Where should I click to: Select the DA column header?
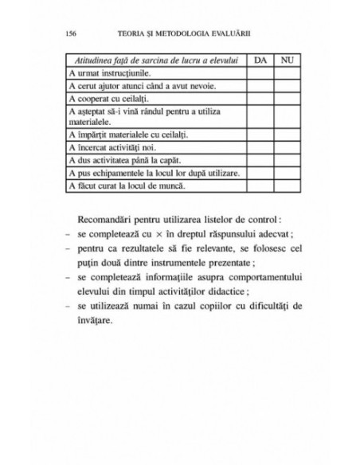pyautogui.click(x=260, y=60)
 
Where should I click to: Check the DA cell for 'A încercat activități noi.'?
pyautogui.click(x=260, y=147)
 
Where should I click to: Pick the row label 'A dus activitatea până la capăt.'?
pyautogui.click(x=120, y=160)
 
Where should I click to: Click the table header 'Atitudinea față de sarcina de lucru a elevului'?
pyautogui.click(x=155, y=60)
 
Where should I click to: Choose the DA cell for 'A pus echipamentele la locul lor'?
pyautogui.click(x=260, y=173)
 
